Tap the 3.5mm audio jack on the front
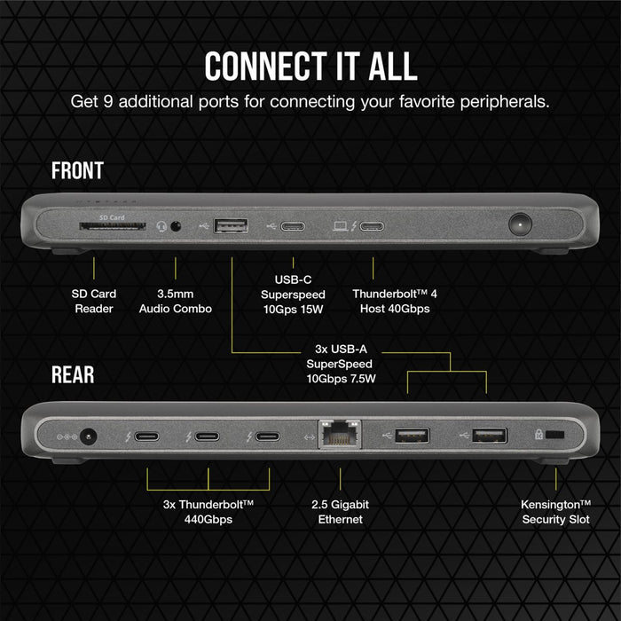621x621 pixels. pyautogui.click(x=175, y=226)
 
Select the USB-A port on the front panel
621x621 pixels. pyautogui.click(x=232, y=225)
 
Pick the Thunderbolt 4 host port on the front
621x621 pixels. pyautogui.click(x=372, y=225)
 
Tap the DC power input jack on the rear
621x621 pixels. pyautogui.click(x=88, y=436)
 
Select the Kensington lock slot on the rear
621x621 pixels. pyautogui.click(x=555, y=436)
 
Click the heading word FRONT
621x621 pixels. pyautogui.click(x=77, y=170)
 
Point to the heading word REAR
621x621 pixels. pyautogui.click(x=73, y=374)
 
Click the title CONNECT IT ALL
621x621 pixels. pyautogui.click(x=310, y=67)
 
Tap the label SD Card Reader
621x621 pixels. pyautogui.click(x=94, y=301)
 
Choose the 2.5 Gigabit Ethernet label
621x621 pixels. pyautogui.click(x=341, y=511)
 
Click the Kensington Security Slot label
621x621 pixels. pyautogui.click(x=555, y=511)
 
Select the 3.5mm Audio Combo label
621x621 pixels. pyautogui.click(x=176, y=301)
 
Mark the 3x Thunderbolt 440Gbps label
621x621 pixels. pyautogui.click(x=208, y=511)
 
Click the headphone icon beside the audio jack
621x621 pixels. pyautogui.click(x=161, y=226)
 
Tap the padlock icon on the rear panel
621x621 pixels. pyautogui.click(x=538, y=436)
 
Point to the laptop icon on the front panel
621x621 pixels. pyautogui.click(x=340, y=225)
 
